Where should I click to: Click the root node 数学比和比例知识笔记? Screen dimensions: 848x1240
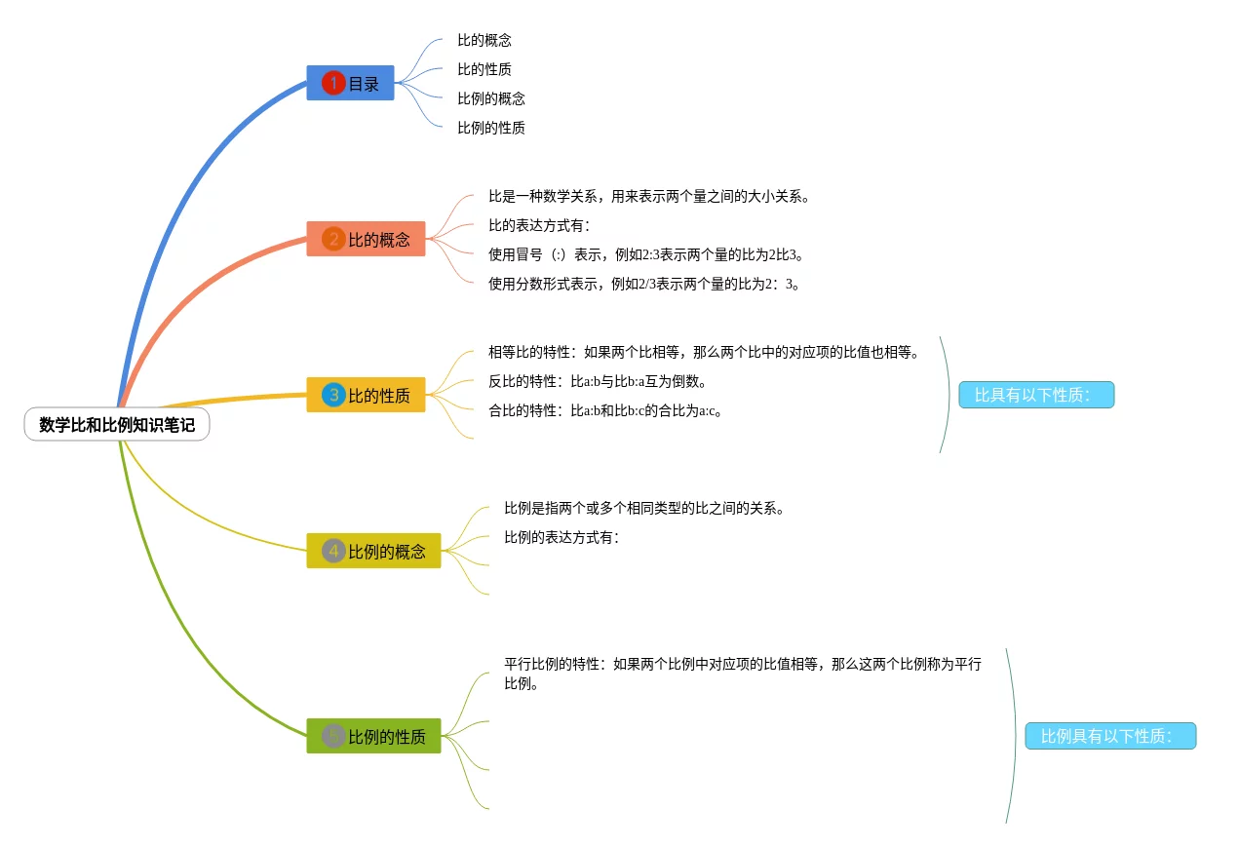click(x=117, y=425)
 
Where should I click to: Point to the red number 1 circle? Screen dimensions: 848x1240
click(x=333, y=84)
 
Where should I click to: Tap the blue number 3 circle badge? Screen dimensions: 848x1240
click(x=333, y=395)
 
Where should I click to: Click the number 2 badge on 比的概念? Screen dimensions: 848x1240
click(x=333, y=239)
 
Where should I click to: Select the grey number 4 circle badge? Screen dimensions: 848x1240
click(x=333, y=551)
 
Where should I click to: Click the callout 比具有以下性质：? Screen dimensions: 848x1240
click(x=1035, y=395)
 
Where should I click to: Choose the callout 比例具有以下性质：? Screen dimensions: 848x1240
click(x=1109, y=736)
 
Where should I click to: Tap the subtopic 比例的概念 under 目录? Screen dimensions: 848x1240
click(x=491, y=98)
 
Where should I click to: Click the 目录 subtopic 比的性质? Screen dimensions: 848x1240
click(x=484, y=69)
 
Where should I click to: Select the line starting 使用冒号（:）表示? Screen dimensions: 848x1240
click(x=648, y=254)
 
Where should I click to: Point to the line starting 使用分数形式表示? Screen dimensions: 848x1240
click(x=644, y=284)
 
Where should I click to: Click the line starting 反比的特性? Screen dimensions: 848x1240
click(x=598, y=381)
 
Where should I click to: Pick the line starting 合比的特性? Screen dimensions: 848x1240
click(x=605, y=410)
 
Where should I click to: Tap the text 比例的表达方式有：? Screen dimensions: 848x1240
click(x=562, y=537)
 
